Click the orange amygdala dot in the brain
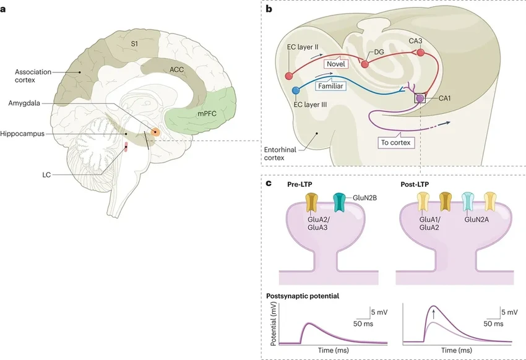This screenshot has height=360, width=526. click(155, 132)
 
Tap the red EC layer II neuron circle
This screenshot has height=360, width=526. click(289, 76)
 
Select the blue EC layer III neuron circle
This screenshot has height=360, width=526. click(295, 92)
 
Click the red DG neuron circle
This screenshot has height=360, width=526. click(365, 64)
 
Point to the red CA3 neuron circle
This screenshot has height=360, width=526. click(421, 53)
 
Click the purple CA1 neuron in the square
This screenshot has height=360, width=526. click(420, 98)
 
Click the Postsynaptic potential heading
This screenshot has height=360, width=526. click(303, 296)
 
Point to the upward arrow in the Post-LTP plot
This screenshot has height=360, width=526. click(434, 313)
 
